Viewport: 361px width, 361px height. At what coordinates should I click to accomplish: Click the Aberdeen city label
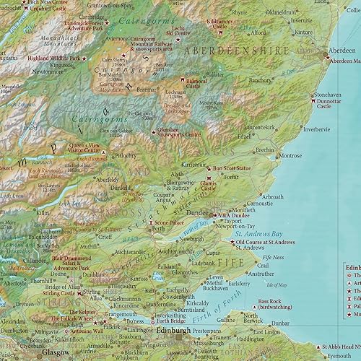click(x=342, y=52)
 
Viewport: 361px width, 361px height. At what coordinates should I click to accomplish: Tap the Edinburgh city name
click(x=173, y=331)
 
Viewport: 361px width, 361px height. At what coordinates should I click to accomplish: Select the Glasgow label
click(x=55, y=352)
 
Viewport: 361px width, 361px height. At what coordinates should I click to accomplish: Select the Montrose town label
click(x=290, y=156)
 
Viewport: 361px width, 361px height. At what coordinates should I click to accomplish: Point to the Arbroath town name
click(x=272, y=196)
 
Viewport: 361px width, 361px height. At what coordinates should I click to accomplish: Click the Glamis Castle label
click(x=209, y=187)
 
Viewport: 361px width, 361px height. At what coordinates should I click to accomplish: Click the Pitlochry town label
click(x=126, y=155)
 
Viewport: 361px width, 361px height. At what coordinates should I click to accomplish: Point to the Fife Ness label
click(x=273, y=258)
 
